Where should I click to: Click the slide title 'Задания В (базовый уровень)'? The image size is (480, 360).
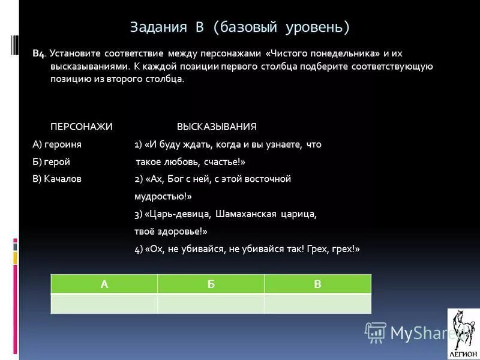pos(239,27)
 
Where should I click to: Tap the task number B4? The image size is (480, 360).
pos(40,54)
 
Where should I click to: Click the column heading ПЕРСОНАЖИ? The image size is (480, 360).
pos(81,127)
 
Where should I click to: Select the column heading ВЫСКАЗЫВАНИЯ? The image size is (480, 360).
pos(217,127)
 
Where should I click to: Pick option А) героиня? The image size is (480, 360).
pos(57,145)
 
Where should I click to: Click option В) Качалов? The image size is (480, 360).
pos(57,179)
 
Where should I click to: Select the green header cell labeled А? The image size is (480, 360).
pos(104,284)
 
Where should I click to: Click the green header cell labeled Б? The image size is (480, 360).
pos(211,284)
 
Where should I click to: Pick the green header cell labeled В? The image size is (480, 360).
pos(317,284)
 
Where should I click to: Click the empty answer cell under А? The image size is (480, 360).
pos(104,304)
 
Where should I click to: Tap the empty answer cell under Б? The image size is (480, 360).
pos(211,304)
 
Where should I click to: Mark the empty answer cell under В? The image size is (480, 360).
pos(317,304)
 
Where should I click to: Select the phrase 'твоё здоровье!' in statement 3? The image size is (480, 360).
pos(170,231)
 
